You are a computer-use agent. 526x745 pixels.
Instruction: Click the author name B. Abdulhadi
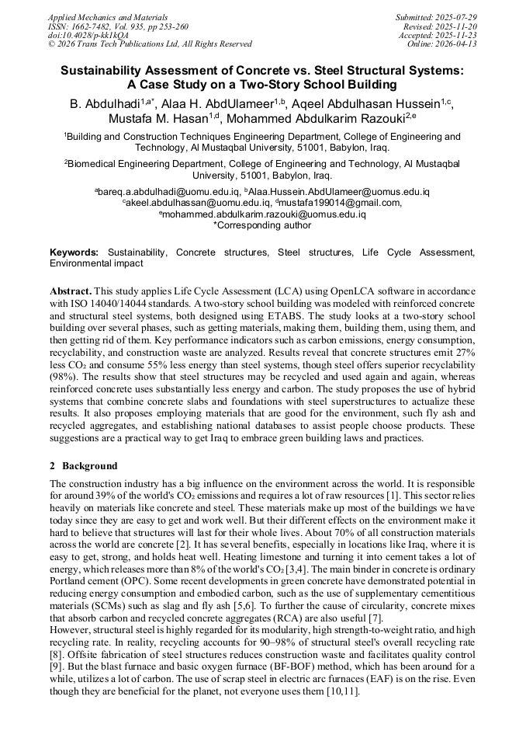(x=101, y=104)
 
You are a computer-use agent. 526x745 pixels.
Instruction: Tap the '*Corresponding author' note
(x=262, y=225)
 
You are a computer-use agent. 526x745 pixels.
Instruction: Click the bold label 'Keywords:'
(x=74, y=252)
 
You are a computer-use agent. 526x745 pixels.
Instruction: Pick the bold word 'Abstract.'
(x=71, y=288)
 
